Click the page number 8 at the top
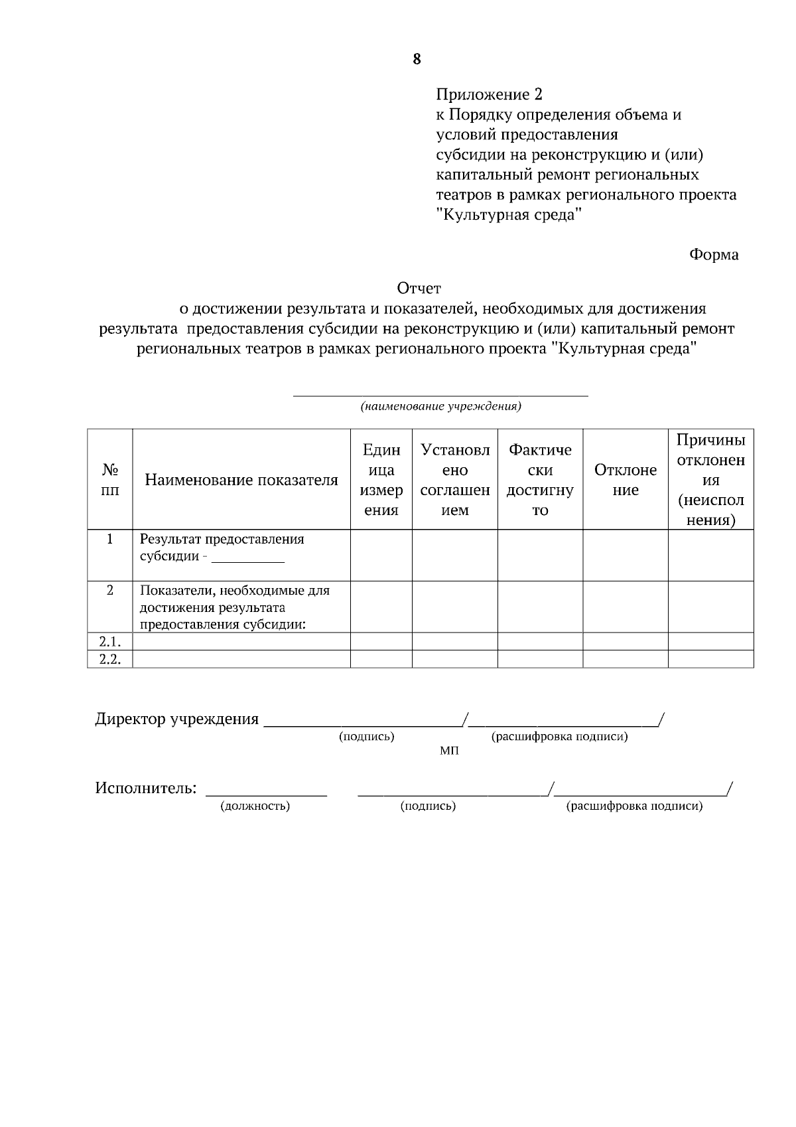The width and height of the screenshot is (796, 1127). [x=417, y=59]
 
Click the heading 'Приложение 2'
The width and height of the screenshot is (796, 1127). [x=490, y=94]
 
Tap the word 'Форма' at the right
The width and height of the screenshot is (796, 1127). [x=714, y=255]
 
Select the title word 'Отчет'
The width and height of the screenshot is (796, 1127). [x=419, y=288]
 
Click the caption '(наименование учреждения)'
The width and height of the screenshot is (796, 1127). [x=440, y=406]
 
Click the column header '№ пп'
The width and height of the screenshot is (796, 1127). [x=110, y=480]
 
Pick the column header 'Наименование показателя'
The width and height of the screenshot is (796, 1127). [x=241, y=480]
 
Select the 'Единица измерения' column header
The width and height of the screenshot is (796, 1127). [x=381, y=480]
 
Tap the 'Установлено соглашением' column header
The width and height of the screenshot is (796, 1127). [x=455, y=480]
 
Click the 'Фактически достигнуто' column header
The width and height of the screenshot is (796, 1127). [x=540, y=480]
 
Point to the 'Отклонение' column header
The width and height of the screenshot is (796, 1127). [x=626, y=480]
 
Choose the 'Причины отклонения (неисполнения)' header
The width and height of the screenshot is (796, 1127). [x=710, y=480]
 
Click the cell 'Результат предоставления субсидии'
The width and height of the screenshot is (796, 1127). [x=222, y=548]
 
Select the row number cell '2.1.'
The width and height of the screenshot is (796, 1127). [x=110, y=642]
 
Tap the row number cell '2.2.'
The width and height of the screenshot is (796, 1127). [x=110, y=659]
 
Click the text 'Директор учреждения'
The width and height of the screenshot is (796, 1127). [x=177, y=719]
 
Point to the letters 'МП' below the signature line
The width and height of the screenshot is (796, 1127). [x=449, y=751]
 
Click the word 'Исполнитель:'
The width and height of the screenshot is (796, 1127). [x=146, y=789]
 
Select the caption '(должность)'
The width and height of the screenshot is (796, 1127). [x=255, y=806]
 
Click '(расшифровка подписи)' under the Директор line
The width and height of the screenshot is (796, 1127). [x=559, y=737]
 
